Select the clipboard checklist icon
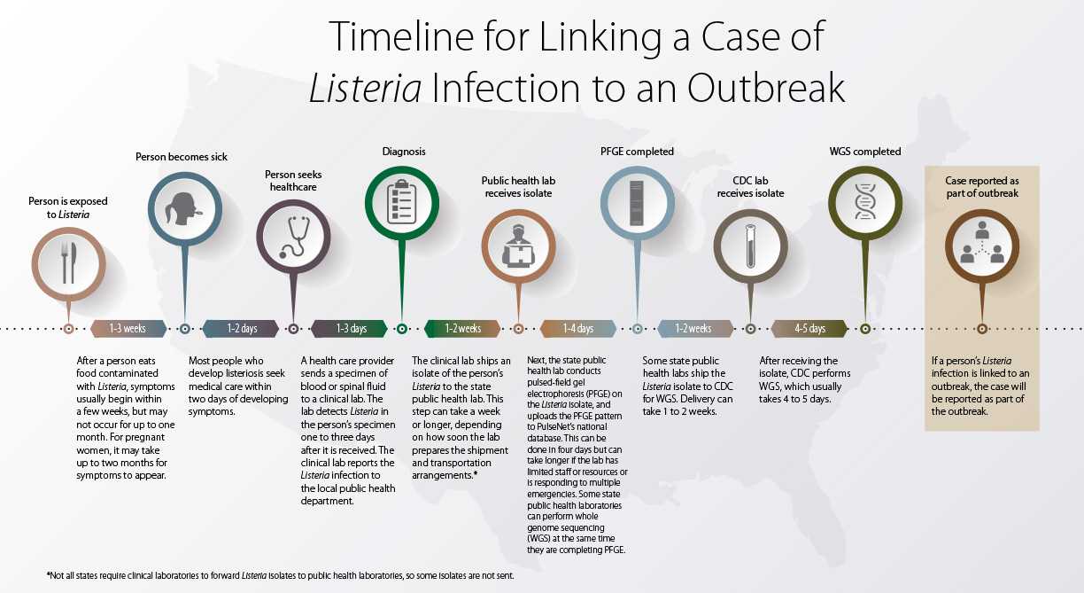click(x=401, y=202)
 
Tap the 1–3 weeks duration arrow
click(x=128, y=329)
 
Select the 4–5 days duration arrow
click(x=809, y=329)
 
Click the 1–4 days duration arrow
click(x=578, y=329)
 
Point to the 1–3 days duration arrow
click(x=351, y=329)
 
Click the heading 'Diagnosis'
click(x=404, y=152)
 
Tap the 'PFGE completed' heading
click(x=637, y=152)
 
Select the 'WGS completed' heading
click(x=864, y=152)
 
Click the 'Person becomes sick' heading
click(x=182, y=157)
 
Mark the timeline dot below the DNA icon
click(x=865, y=329)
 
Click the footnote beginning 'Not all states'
click(x=280, y=575)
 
